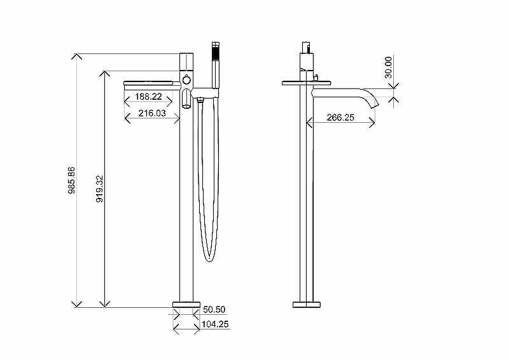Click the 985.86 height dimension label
[x=71, y=181]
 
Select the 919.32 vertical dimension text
[x=100, y=189]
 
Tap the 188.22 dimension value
[x=148, y=97]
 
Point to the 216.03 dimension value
[x=152, y=113]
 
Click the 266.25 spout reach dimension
[x=340, y=117]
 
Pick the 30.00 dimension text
[x=388, y=67]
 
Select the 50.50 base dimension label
[x=214, y=309]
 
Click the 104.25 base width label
[x=215, y=324]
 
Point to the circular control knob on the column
[x=186, y=80]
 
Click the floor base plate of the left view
[x=186, y=305]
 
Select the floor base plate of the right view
[x=307, y=305]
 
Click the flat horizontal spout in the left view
[x=152, y=85]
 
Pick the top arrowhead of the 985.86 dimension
[x=76, y=56]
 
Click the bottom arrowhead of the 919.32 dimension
[x=104, y=304]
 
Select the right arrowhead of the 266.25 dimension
[x=372, y=123]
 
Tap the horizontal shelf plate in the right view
[x=307, y=83]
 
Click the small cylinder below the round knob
[x=186, y=99]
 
